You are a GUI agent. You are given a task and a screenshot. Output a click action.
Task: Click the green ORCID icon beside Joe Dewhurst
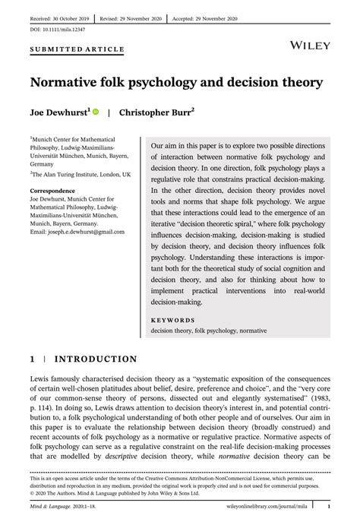(96, 111)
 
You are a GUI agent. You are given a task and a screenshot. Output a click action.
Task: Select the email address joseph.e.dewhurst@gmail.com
(77, 231)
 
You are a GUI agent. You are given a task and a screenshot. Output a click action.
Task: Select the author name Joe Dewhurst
(58, 112)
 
